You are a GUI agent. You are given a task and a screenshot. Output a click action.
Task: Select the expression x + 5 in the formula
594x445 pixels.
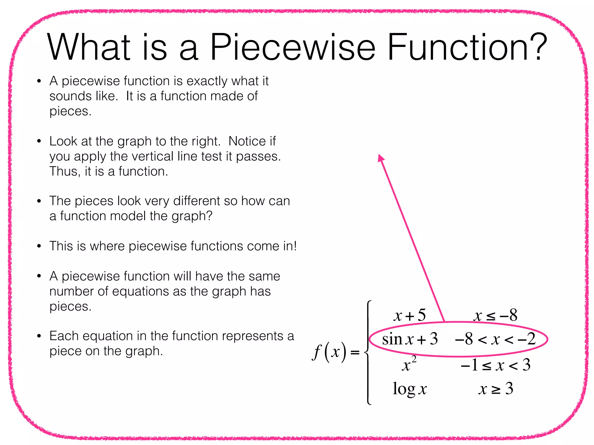pos(410,315)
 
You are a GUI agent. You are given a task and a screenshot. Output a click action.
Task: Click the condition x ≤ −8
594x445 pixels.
pos(495,315)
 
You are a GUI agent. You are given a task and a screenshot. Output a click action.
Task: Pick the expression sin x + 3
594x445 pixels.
pos(410,339)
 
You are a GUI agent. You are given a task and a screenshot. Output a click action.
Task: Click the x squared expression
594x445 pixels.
pos(409,364)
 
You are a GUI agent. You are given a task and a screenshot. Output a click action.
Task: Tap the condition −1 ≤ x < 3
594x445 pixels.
pos(495,365)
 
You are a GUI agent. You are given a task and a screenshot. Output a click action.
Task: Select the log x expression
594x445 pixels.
pos(410,389)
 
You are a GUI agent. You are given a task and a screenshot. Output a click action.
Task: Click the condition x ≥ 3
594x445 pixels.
pos(496,389)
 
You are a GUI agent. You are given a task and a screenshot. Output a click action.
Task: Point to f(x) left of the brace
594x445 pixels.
pos(329,352)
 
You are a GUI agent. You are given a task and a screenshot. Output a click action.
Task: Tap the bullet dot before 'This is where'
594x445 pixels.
pos(39,246)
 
